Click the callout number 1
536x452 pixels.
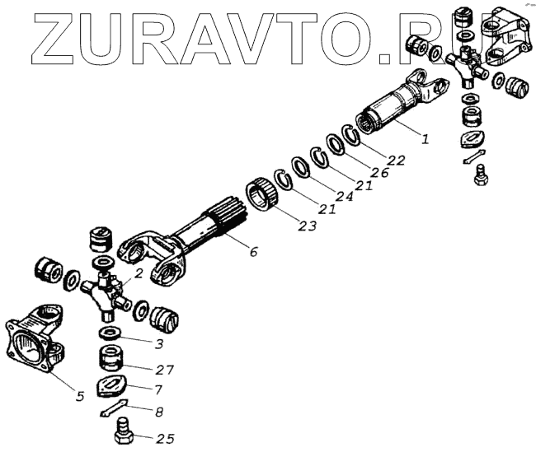(425, 139)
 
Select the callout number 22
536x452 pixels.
(396, 160)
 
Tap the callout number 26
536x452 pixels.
(380, 172)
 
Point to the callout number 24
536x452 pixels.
(344, 196)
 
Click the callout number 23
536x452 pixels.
(308, 226)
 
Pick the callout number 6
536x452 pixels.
(253, 252)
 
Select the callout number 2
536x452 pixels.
(138, 273)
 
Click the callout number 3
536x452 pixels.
(159, 344)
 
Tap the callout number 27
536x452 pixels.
(165, 370)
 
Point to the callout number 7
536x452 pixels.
(158, 389)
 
